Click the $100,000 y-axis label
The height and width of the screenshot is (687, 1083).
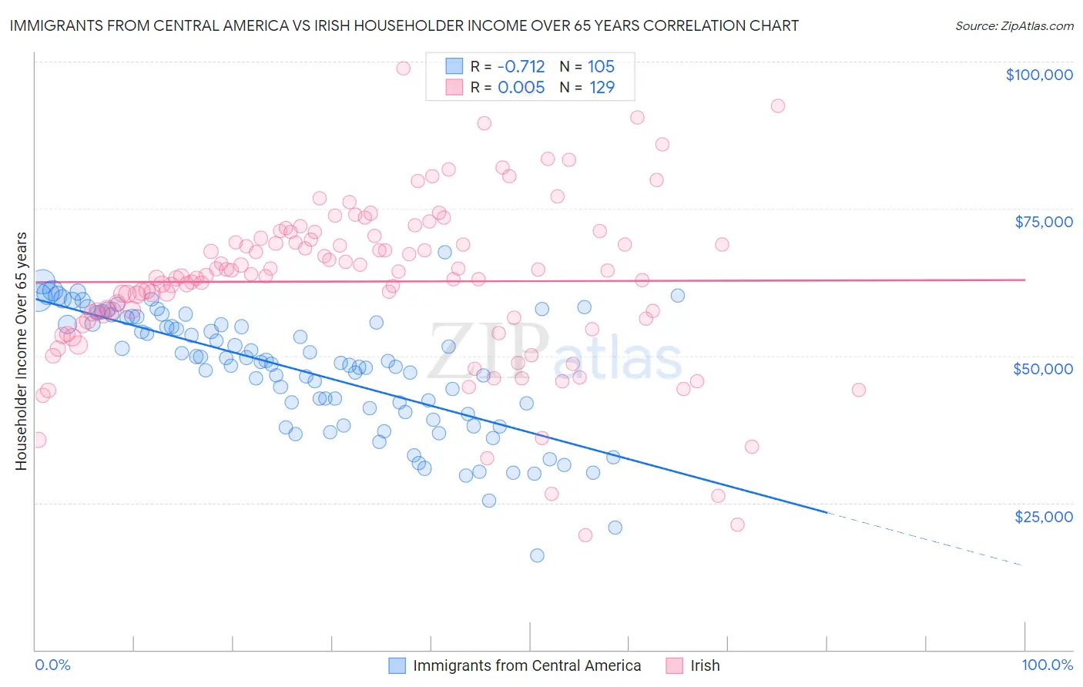1039,75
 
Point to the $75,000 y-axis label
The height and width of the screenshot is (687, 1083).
1043,222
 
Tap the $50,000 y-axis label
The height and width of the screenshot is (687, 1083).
1042,369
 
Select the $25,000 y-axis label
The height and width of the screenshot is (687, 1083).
1043,516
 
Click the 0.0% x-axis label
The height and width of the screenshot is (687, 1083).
52,665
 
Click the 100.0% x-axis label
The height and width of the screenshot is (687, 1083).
1047,665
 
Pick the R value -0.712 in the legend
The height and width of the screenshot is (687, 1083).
521,66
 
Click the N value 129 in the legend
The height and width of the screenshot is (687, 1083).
602,87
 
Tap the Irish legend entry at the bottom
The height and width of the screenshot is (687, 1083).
705,665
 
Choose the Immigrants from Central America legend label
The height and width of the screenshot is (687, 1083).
527,665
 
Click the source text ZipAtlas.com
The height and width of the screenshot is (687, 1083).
1014,26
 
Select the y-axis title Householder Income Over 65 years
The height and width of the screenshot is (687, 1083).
21,350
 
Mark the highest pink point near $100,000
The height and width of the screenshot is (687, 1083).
403,68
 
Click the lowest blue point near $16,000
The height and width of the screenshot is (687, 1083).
537,555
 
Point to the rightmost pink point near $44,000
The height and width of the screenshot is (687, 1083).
859,390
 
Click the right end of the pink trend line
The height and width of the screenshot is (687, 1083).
1024,280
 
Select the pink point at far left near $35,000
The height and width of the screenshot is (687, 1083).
38,440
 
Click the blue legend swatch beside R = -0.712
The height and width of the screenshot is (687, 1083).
454,66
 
